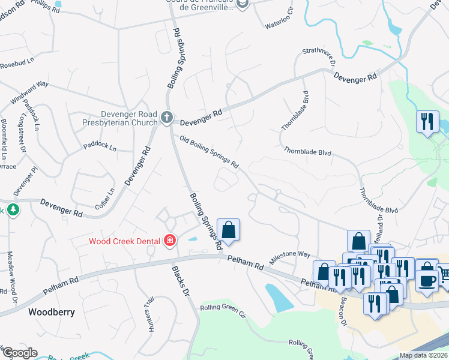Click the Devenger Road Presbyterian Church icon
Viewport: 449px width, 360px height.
tap(167, 118)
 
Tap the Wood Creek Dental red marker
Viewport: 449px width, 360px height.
tap(170, 241)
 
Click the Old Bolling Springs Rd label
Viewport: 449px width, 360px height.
tap(209, 152)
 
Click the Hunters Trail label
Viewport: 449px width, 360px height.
tap(149, 314)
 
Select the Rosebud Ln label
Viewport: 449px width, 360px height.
tap(16, 65)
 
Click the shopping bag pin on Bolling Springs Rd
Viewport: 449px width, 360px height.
tap(228, 230)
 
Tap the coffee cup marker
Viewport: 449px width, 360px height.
tap(427, 280)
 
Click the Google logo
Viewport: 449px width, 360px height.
tap(20, 353)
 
